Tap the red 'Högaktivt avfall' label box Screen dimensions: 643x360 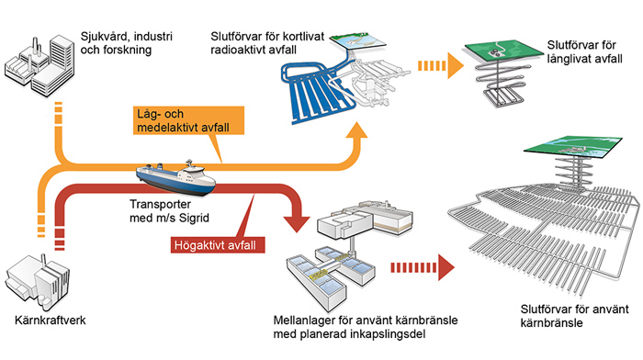(218, 245)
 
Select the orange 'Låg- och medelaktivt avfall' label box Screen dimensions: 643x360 (188, 120)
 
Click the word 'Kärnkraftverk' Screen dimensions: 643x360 (50, 320)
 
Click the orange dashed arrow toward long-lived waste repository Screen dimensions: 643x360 (440, 65)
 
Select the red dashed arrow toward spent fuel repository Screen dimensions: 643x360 (423, 268)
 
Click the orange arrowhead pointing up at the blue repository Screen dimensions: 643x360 (356, 130)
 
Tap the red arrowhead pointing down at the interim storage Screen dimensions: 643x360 (298, 222)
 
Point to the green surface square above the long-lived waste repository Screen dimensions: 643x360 (503, 50)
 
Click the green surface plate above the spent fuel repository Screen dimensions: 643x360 (573, 146)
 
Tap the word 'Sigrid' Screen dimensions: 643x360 (194, 218)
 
